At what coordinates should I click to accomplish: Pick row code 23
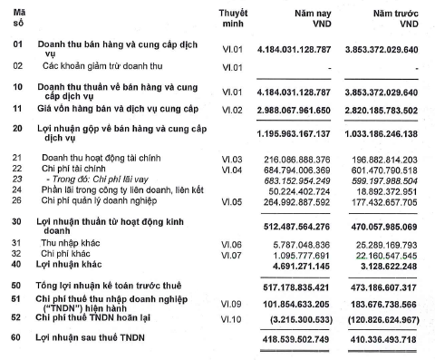[16, 180]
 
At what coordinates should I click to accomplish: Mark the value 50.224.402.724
[298, 190]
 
